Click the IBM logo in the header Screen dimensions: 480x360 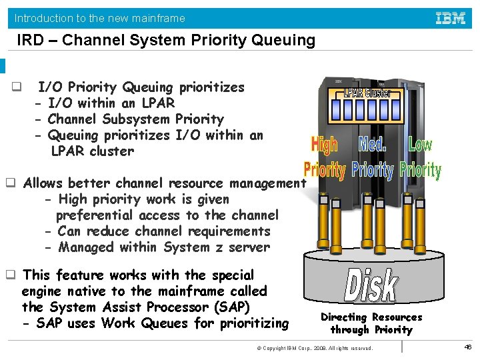(451, 18)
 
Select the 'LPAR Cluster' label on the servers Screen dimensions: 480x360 (367, 93)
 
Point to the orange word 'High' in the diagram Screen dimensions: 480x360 (324, 145)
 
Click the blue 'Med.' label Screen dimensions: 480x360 (373, 145)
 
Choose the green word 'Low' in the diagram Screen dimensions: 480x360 (420, 145)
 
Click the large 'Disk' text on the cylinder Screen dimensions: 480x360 (371, 285)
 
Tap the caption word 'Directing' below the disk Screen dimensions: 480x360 (344, 317)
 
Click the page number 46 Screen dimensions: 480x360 (467, 347)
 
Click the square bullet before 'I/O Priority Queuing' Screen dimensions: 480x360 (16, 87)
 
